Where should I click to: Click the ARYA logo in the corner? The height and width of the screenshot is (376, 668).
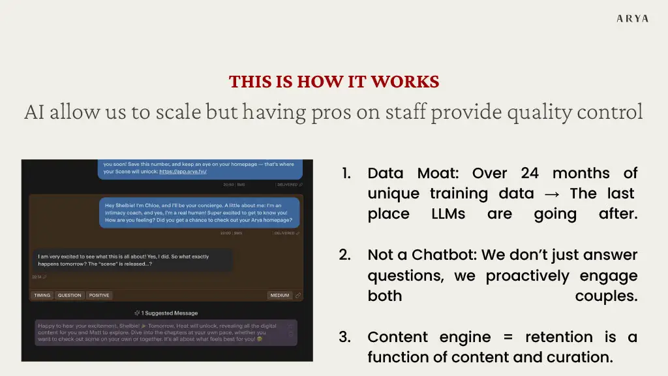click(632, 18)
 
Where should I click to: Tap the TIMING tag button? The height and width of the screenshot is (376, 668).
click(42, 296)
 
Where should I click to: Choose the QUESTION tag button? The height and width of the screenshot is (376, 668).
click(69, 296)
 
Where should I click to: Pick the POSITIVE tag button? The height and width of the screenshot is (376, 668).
click(99, 296)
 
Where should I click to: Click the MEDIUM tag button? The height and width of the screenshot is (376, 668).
click(280, 296)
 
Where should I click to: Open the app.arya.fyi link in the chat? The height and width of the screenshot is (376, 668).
click(183, 172)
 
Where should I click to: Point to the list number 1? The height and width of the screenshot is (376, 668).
click(347, 174)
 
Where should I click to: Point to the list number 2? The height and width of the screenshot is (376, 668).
click(345, 255)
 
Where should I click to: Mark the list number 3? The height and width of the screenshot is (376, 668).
click(345, 337)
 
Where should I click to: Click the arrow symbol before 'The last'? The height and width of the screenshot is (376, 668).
click(552, 194)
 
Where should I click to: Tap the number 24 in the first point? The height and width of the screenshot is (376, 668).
click(530, 173)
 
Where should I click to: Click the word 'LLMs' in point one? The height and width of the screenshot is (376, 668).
click(448, 214)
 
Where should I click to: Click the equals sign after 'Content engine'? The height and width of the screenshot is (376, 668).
click(508, 337)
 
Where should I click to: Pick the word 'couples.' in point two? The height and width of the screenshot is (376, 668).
click(606, 296)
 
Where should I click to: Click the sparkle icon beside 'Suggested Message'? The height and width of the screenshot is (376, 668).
click(137, 313)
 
